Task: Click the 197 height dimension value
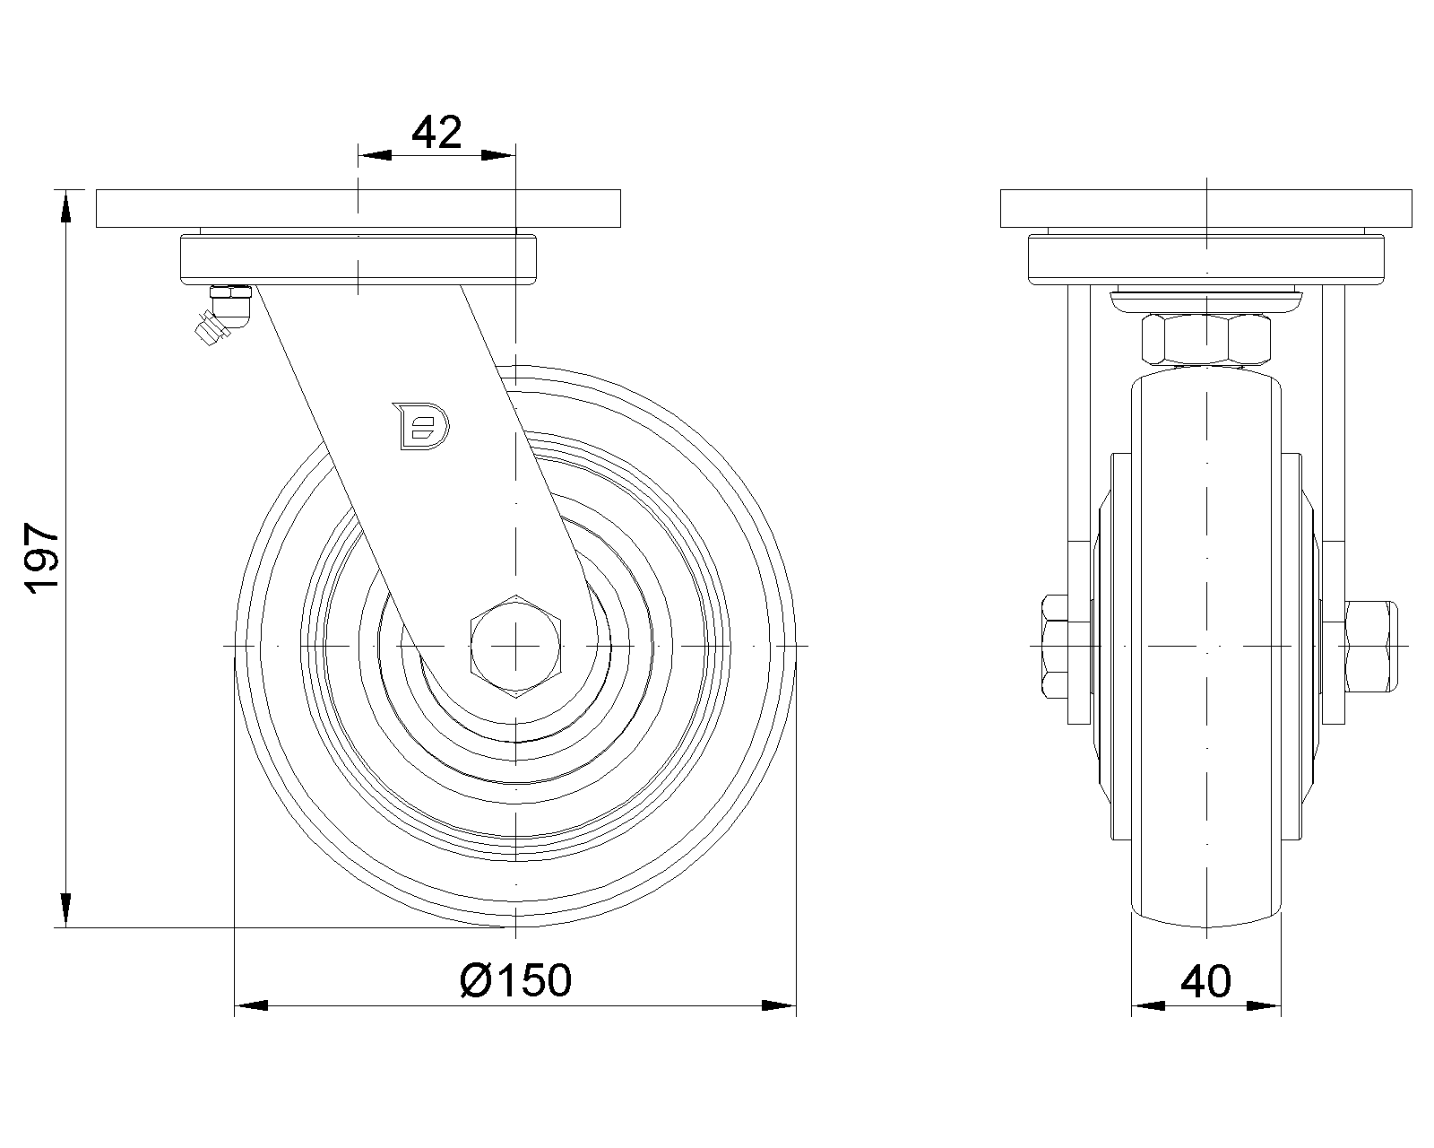[x=41, y=559]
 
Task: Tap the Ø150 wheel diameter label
[x=515, y=980]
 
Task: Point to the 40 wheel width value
[x=1205, y=981]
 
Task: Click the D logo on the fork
[x=420, y=426]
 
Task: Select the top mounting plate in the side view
[x=1205, y=208]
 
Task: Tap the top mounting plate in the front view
[x=358, y=208]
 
